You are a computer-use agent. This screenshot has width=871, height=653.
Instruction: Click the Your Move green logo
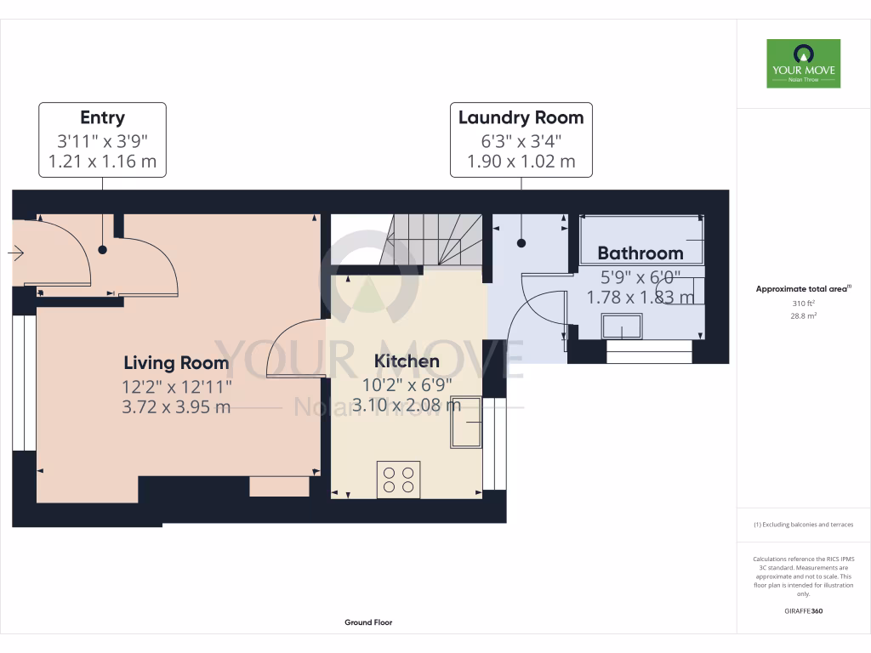[x=803, y=63]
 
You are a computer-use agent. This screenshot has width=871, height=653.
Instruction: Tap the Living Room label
[x=176, y=362]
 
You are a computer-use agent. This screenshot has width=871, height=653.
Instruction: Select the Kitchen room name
[x=407, y=361]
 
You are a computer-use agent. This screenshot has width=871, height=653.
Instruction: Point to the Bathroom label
[x=640, y=253]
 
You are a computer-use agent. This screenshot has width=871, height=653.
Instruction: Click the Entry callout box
[x=102, y=140]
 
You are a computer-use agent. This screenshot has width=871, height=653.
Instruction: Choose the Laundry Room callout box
[x=521, y=140]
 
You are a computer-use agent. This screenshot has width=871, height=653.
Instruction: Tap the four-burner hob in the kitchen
[x=398, y=480]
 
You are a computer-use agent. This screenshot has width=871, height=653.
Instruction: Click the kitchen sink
[x=466, y=423]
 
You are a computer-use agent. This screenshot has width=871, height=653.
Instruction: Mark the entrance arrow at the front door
[x=15, y=253]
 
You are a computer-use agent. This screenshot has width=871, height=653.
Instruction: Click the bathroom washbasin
[x=622, y=326]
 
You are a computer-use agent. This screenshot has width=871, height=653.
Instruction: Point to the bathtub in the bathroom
[x=641, y=239]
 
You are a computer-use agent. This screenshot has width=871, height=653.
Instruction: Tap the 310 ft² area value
[x=803, y=304]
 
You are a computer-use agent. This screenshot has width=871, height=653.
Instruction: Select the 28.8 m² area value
[x=803, y=316]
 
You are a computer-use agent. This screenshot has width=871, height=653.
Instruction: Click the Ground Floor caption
[x=368, y=622]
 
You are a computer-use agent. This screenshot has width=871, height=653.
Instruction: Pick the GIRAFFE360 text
[x=803, y=610]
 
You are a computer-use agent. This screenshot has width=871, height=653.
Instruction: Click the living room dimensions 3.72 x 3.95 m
[x=176, y=407]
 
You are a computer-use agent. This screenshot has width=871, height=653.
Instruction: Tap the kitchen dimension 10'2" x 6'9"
[x=407, y=384]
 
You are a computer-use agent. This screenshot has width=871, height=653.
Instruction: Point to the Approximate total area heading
[x=803, y=289]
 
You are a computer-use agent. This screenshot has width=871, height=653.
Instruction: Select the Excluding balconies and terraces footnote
[x=803, y=525]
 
